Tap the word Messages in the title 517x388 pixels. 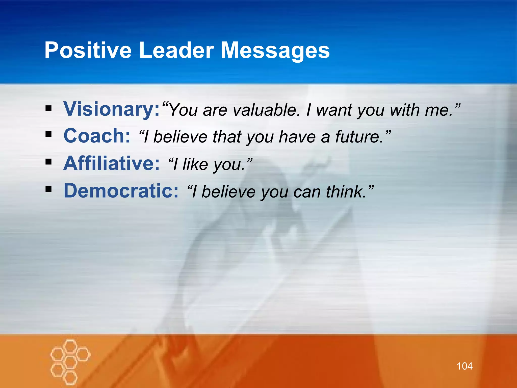[x=275, y=50]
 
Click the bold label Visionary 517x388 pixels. [x=111, y=109]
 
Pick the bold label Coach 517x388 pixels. [x=97, y=136]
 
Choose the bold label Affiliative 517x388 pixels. [x=111, y=163]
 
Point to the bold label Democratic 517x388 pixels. [x=121, y=191]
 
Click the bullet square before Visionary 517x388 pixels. [x=48, y=109]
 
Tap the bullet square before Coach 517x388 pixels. [x=48, y=134]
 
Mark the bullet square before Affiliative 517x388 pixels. [x=48, y=162]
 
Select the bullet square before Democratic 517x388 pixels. [x=48, y=189]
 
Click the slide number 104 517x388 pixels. [x=464, y=366]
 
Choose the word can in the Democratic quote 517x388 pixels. [x=307, y=192]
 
